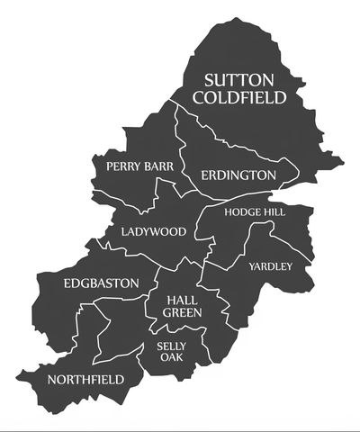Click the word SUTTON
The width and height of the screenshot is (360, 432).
(x=244, y=79)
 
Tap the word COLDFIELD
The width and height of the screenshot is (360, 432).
(x=244, y=97)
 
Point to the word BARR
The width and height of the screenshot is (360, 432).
(x=161, y=166)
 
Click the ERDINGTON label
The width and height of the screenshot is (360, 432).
(x=238, y=175)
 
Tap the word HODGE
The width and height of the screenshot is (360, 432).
(x=245, y=211)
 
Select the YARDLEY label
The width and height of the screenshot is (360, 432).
(x=271, y=266)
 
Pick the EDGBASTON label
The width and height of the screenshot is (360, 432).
(x=101, y=283)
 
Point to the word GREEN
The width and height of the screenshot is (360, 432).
(x=182, y=312)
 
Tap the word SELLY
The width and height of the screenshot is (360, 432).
(x=171, y=346)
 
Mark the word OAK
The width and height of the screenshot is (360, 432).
(x=171, y=357)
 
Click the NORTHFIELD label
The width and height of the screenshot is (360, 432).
(x=86, y=379)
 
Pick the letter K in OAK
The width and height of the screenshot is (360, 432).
(x=179, y=357)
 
